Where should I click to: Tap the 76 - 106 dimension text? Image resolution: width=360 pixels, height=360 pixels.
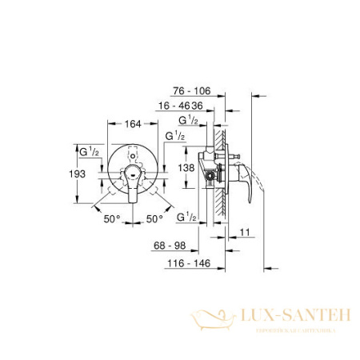pos(194,91)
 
